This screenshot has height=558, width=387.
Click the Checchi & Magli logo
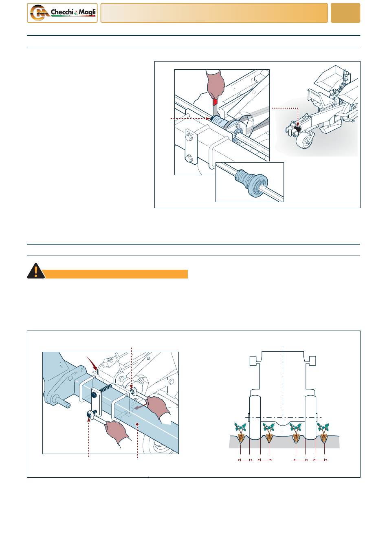tap(62, 13)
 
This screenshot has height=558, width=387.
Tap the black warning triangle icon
tap(36, 271)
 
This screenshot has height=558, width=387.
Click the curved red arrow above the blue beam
tap(92, 363)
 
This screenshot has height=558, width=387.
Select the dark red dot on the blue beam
tap(137, 424)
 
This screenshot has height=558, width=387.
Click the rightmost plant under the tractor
tap(323, 433)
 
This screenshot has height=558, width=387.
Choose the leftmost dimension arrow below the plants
tap(245, 460)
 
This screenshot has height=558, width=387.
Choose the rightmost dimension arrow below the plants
tap(320, 460)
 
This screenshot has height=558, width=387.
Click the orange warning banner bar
tap(116, 274)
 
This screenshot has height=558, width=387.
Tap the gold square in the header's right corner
tap(345, 13)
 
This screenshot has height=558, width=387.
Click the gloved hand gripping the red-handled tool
tap(215, 84)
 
